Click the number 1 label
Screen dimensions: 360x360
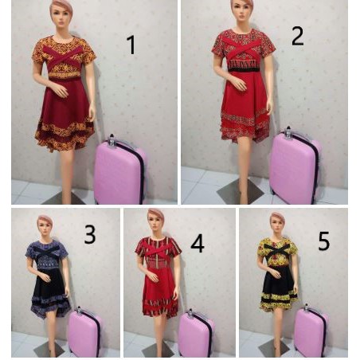pos(131,45)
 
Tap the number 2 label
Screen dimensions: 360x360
pos(297,36)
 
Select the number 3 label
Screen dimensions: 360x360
pos(90,234)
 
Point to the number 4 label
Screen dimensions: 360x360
pos(198,243)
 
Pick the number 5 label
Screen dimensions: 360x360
pos(323,241)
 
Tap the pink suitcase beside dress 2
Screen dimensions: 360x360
pos(295,166)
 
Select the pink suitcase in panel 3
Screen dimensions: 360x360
pos(84,332)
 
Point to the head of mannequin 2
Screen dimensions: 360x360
pos(241,10)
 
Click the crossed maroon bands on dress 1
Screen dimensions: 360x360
pos(63,58)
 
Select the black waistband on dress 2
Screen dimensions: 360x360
pos(244,69)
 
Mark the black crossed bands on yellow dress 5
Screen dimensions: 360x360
pos(278,251)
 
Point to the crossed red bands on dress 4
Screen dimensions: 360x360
pos(158,250)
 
